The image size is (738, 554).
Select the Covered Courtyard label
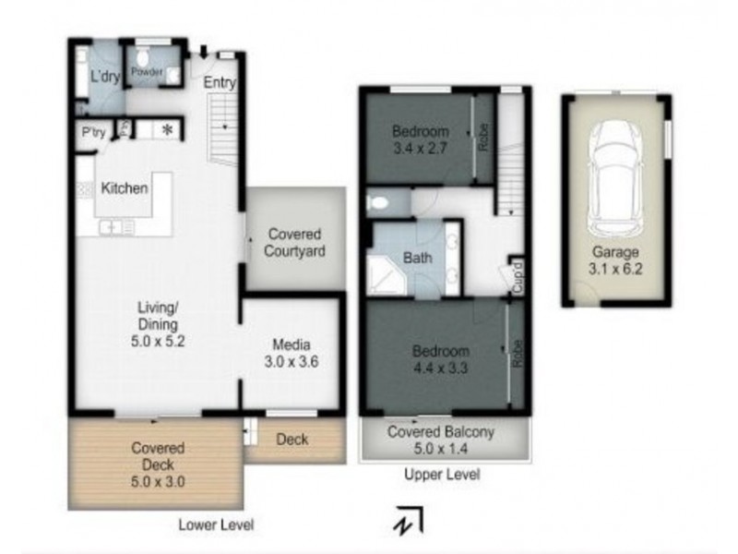point(295,243)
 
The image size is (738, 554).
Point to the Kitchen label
point(125,188)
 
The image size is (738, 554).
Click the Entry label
point(220,82)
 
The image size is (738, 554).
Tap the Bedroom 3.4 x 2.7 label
point(420,138)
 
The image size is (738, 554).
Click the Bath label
point(418,259)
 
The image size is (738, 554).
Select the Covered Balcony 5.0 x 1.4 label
point(442,440)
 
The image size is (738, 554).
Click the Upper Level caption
point(442,476)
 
